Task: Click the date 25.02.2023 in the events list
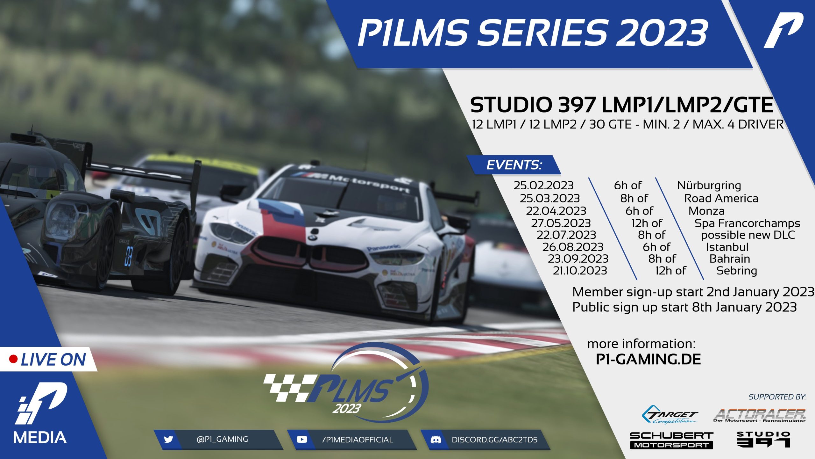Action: (x=543, y=186)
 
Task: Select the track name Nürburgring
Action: (x=709, y=186)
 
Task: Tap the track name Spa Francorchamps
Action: (x=747, y=223)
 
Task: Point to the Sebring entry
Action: (x=737, y=271)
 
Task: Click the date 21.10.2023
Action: (x=580, y=271)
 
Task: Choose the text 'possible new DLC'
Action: (x=748, y=235)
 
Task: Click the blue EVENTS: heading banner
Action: (x=514, y=165)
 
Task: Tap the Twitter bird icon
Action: (x=168, y=440)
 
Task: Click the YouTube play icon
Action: (x=302, y=440)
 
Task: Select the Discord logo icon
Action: (x=436, y=440)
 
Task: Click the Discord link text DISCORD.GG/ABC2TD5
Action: (x=494, y=440)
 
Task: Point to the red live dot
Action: (x=13, y=359)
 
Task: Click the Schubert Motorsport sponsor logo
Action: (x=671, y=441)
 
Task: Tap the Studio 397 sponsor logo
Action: (x=763, y=439)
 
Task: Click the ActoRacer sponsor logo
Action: (x=760, y=415)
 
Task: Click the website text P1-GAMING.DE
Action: (x=648, y=360)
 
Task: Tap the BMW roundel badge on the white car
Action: (x=313, y=237)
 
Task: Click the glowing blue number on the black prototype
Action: (x=128, y=256)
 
